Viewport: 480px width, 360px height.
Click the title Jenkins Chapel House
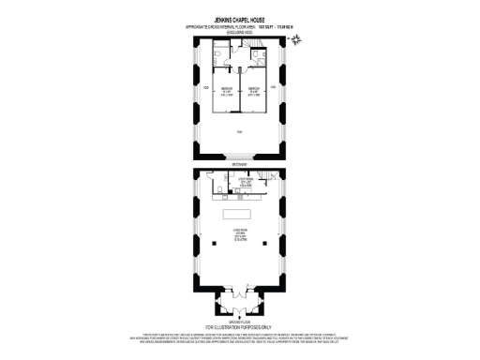tap(239, 17)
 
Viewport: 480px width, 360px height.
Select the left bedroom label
tap(226, 92)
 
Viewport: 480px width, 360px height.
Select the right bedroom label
tap(253, 92)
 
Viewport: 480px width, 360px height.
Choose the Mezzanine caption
tap(239, 166)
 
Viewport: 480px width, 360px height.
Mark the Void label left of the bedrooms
tap(205, 88)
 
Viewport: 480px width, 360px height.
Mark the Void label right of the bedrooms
tap(273, 88)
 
